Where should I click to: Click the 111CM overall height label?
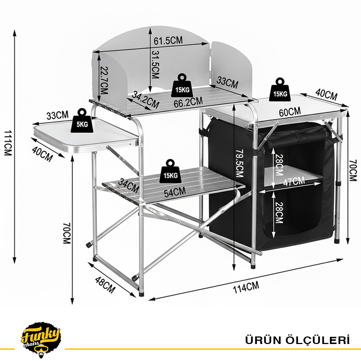(8, 143)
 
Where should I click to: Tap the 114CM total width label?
(246, 287)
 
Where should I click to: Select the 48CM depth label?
(105, 285)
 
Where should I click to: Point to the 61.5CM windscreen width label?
(168, 40)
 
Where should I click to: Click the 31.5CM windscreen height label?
(155, 65)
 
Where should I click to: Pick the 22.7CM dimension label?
(104, 81)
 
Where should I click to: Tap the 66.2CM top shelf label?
(188, 102)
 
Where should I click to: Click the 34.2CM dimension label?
(146, 100)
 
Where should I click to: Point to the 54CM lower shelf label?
(175, 192)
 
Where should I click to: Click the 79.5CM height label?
(239, 164)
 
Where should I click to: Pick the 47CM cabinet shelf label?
(294, 181)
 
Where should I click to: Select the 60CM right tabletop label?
(290, 112)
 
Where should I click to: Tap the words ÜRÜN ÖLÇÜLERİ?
(297, 340)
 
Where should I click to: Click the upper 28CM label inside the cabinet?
(279, 165)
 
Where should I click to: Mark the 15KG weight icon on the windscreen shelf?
(182, 86)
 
